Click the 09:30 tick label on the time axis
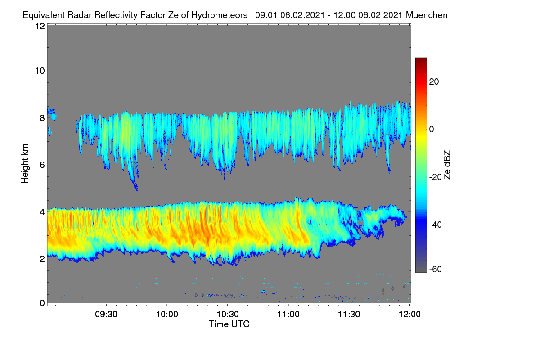click(x=106, y=315)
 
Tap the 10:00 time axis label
click(x=167, y=315)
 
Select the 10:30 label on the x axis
click(x=228, y=315)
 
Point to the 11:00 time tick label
click(x=288, y=315)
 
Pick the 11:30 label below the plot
click(x=349, y=315)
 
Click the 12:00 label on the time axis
click(x=409, y=315)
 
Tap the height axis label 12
click(x=40, y=26)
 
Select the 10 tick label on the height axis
click(x=40, y=71)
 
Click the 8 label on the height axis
click(x=42, y=118)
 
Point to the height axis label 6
click(x=42, y=165)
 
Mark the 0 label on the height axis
click(x=42, y=303)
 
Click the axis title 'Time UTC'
click(x=229, y=324)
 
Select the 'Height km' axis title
click(x=25, y=164)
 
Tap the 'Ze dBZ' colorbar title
click(x=447, y=165)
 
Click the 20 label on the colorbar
click(x=434, y=82)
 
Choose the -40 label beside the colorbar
click(x=436, y=225)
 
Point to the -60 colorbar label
click(x=436, y=270)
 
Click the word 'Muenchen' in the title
click(x=427, y=15)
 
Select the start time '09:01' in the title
click(x=266, y=15)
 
